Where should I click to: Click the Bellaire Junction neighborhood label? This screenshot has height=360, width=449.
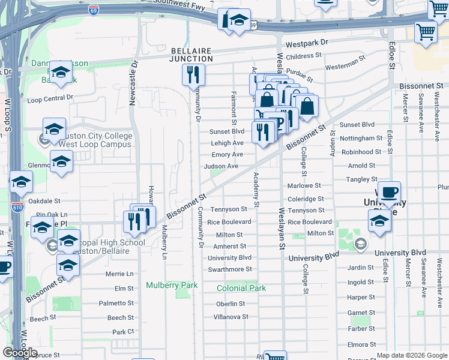(191, 55)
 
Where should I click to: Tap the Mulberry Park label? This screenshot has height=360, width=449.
(172, 285)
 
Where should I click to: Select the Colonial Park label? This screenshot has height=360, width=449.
(241, 288)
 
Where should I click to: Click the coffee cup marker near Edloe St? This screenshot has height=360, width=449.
(389, 192)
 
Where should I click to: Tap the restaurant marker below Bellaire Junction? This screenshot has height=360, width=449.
(193, 75)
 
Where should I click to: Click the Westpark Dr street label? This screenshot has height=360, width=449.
(307, 43)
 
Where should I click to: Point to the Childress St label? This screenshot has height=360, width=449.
(304, 56)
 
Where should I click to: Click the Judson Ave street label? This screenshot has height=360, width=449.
(221, 166)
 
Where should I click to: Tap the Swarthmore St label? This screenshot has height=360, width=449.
(230, 269)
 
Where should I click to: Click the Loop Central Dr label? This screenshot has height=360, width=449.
(50, 97)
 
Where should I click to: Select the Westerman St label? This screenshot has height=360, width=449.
(346, 62)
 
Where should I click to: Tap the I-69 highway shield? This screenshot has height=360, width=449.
(93, 10)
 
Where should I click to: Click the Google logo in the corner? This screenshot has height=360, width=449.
(20, 353)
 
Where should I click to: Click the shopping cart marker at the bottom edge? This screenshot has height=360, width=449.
(275, 357)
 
